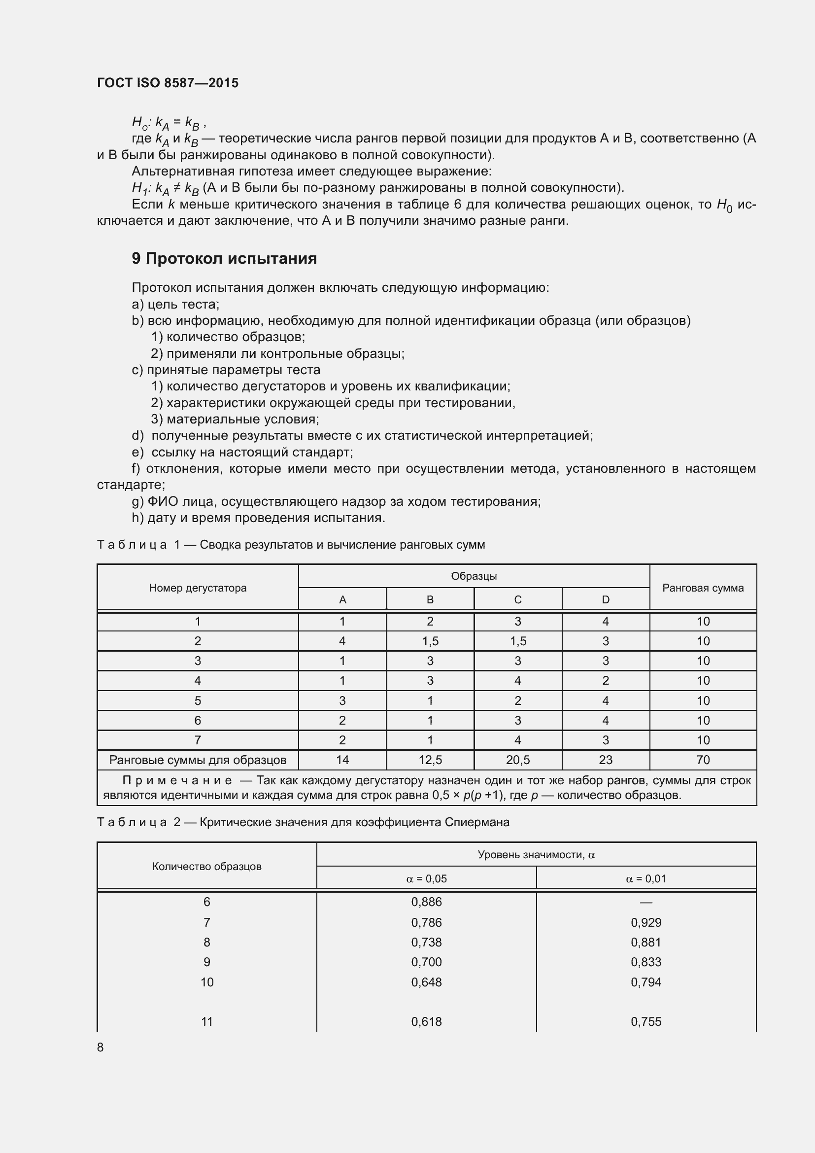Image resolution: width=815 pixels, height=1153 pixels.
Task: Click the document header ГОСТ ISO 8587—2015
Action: (x=168, y=83)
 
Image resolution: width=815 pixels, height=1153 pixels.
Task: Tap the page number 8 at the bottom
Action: (x=101, y=1047)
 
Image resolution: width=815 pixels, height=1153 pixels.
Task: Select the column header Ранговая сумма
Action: (x=703, y=588)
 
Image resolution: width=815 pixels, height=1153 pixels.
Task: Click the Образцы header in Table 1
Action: (x=473, y=576)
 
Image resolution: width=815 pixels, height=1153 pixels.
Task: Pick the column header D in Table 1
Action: (x=605, y=599)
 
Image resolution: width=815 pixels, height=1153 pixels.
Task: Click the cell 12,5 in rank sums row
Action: (x=430, y=760)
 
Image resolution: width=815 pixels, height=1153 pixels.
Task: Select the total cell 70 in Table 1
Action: (x=703, y=760)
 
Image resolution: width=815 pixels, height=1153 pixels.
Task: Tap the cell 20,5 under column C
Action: (x=517, y=760)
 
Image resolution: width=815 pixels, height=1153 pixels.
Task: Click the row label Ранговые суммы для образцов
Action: (x=198, y=760)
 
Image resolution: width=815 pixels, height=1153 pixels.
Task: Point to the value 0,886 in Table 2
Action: (x=426, y=902)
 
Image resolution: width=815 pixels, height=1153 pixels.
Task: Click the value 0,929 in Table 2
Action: (x=646, y=922)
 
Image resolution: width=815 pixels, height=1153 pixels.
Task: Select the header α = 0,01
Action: (x=646, y=879)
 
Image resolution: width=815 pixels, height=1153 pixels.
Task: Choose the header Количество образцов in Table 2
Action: (x=207, y=866)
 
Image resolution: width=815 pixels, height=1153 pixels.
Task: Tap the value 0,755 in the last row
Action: (x=646, y=1021)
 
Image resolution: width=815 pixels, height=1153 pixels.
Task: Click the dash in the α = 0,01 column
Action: (x=646, y=903)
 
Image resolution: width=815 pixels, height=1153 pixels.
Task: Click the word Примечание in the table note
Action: (x=177, y=780)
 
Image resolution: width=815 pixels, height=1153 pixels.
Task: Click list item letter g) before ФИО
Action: (x=137, y=501)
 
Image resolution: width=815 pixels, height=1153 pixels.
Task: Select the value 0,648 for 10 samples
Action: (x=426, y=982)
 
